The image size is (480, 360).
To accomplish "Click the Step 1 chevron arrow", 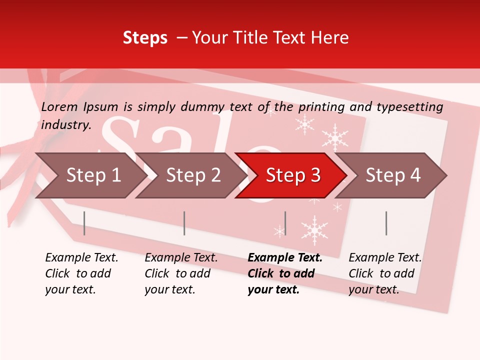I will click(x=90, y=175).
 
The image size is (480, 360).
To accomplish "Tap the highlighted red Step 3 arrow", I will click(x=292, y=175).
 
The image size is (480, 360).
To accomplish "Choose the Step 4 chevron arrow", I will click(x=392, y=175).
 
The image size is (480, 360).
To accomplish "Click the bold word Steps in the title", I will click(x=145, y=38).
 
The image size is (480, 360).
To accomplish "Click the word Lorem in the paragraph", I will click(x=59, y=107).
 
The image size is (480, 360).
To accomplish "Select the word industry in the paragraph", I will click(x=65, y=125).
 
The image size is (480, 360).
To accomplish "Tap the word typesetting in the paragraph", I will click(x=410, y=107).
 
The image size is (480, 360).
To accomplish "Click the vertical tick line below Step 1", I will click(x=84, y=223).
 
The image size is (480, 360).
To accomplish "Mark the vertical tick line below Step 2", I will click(x=184, y=223).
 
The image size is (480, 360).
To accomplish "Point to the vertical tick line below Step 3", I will click(x=285, y=223).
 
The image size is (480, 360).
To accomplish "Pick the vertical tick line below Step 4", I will click(x=386, y=223).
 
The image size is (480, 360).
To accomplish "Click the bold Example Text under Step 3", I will click(x=285, y=258).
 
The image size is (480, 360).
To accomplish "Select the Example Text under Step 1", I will click(x=81, y=258).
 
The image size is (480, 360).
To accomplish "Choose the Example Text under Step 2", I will click(x=181, y=258).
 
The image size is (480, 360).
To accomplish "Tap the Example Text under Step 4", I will click(x=385, y=258).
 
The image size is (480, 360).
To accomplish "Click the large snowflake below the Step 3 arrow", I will click(x=314, y=229).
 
